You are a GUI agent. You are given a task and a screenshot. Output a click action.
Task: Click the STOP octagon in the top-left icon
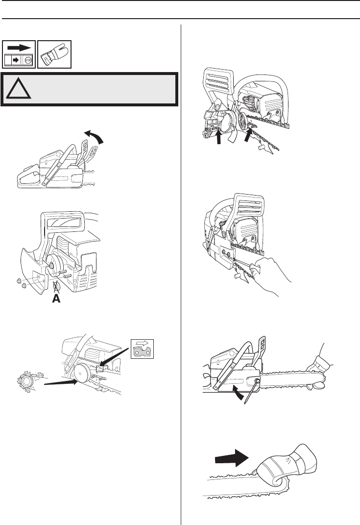click(28, 61)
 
